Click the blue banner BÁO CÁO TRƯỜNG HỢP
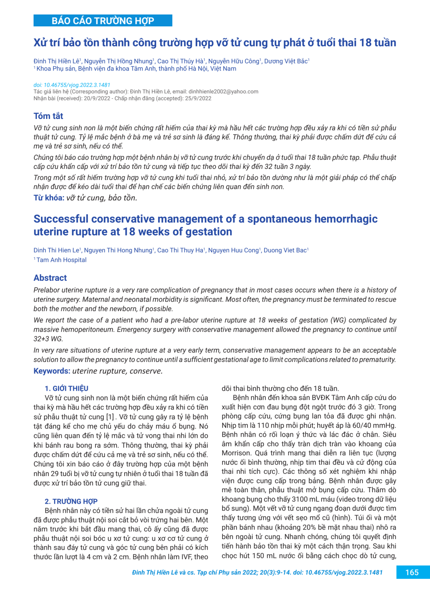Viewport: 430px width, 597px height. tap(103, 21)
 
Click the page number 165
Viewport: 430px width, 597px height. tap(412, 572)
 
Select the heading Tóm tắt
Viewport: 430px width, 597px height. tap(48, 116)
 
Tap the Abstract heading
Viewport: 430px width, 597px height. tap(50, 278)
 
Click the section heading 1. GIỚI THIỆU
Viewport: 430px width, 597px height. tap(66, 388)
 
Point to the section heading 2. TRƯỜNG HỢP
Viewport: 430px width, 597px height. tap(71, 501)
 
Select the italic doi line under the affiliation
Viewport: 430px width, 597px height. tap(72, 85)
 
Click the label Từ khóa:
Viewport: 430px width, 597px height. tap(49, 198)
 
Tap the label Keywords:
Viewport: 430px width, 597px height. tap(52, 371)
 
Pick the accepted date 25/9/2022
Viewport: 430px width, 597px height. tap(198, 98)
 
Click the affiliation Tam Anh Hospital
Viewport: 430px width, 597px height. tap(62, 260)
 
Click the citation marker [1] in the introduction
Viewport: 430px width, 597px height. tap(110, 417)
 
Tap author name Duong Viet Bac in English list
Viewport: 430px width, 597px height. tap(285, 250)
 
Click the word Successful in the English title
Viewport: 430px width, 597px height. tap(61, 219)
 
